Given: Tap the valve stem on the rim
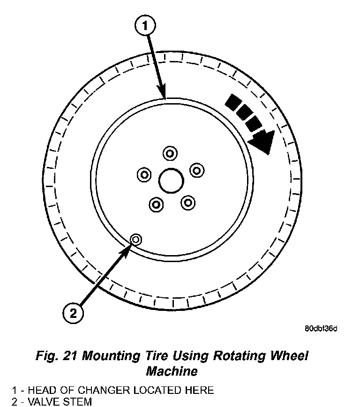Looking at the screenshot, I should (135, 240).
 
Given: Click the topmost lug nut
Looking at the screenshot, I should (169, 153).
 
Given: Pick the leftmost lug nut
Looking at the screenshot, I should (144, 175).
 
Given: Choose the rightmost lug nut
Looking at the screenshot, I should (196, 170).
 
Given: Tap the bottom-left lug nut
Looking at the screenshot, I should (156, 204).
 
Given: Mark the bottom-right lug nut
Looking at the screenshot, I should (187, 203).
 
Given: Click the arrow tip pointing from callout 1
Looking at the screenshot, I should (164, 97).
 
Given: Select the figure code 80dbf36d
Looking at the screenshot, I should (321, 328).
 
